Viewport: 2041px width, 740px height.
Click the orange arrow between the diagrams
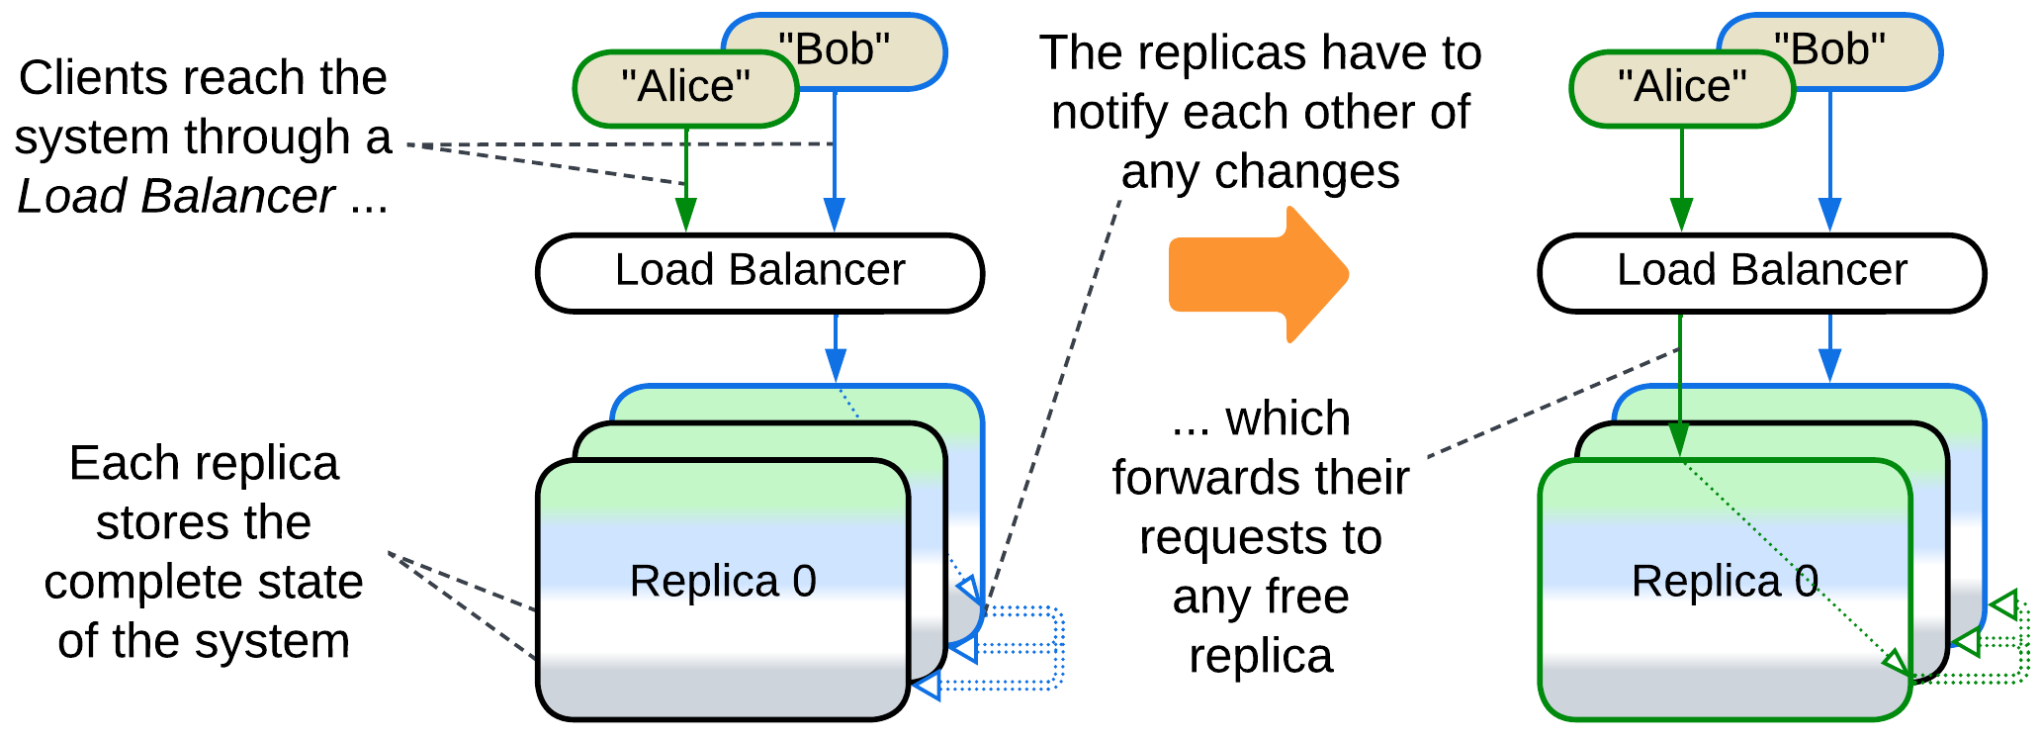click(1256, 274)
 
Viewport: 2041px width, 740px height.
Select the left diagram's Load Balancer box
click(759, 272)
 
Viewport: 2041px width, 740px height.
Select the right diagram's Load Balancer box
click(1761, 272)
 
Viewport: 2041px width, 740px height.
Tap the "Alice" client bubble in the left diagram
click(685, 88)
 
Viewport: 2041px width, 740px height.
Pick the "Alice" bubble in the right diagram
click(1682, 88)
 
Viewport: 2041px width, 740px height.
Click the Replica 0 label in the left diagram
click(723, 582)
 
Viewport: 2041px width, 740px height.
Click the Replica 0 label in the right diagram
click(1725, 582)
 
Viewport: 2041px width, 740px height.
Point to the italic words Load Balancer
click(176, 197)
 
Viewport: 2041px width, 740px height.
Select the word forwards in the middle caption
click(1188, 479)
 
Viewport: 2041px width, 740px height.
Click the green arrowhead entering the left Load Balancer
click(686, 215)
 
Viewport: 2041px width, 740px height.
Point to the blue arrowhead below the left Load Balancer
click(836, 364)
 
